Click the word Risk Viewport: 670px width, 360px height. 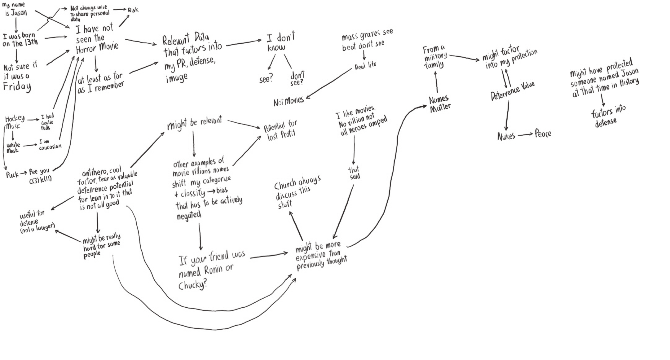[133, 10]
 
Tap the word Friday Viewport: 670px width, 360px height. [17, 86]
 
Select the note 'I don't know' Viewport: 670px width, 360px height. [280, 42]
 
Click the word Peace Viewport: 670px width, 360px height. [543, 134]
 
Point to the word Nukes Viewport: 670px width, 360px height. [506, 136]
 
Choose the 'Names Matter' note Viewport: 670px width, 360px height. [439, 103]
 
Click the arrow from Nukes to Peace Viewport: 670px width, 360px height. [525, 135]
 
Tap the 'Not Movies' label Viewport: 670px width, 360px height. [288, 101]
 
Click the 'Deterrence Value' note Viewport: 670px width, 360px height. [513, 91]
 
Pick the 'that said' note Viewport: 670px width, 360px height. [354, 173]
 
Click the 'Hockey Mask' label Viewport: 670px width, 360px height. [14, 122]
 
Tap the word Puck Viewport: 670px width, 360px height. [12, 175]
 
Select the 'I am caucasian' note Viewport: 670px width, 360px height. [50, 144]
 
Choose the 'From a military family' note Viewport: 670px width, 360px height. [435, 57]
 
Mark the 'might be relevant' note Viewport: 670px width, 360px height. [194, 123]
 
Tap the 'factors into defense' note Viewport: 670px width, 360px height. [607, 116]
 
